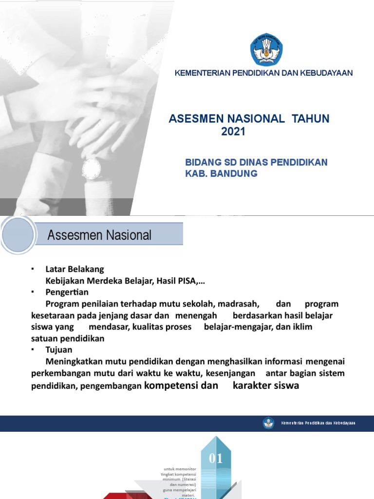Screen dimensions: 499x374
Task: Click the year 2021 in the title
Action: point(234,131)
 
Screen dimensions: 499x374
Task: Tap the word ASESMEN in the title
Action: point(192,118)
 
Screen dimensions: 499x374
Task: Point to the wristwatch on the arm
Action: point(92,169)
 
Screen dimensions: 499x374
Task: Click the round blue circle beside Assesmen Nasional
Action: point(18,234)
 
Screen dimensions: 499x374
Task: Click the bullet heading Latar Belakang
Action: point(75,269)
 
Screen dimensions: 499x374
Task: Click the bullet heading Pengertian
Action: point(67,292)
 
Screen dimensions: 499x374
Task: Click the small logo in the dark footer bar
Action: point(269,422)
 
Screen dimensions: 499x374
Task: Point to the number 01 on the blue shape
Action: point(216,458)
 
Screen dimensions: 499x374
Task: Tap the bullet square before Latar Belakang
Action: point(32,269)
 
